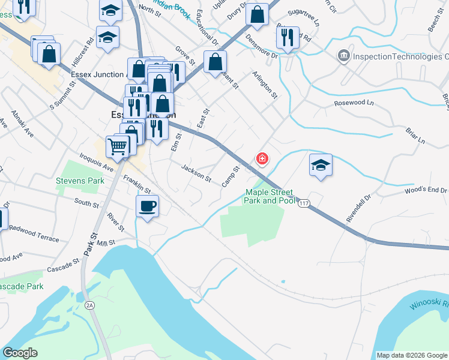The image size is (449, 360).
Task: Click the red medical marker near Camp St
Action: [x=262, y=159]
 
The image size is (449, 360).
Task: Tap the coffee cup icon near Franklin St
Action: [x=147, y=207]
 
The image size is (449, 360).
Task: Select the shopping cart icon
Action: [x=118, y=146]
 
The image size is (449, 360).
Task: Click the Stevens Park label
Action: [x=76, y=180]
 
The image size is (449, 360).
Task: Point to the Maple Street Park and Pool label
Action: [x=270, y=196]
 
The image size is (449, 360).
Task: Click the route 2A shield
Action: [x=89, y=305]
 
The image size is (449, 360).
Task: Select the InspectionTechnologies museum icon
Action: [x=344, y=56]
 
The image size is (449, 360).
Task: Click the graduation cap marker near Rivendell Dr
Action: [x=321, y=166]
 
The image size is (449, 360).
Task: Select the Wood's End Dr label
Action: [x=426, y=191]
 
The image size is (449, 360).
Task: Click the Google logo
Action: [x=20, y=353]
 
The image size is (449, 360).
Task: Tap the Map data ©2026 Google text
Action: [x=412, y=355]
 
